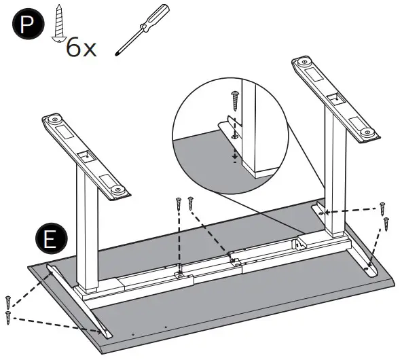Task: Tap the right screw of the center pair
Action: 191,202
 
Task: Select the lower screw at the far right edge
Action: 386,222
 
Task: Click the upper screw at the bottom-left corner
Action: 8,302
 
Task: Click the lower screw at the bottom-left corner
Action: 9,316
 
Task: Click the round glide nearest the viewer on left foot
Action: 117,188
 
